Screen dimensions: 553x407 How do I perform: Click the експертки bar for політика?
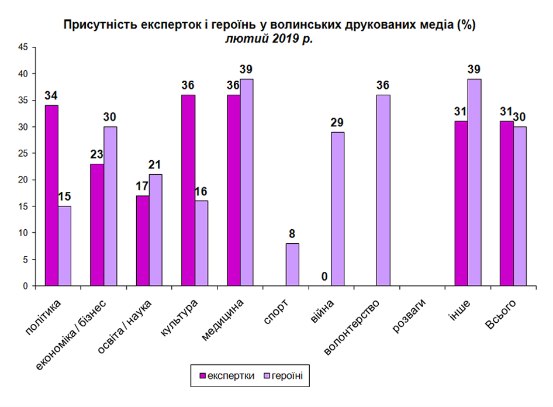pos(51,195)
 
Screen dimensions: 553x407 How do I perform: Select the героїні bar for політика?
pos(64,246)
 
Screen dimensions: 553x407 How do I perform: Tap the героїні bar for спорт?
pos(292,264)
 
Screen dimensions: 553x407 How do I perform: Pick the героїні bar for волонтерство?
pos(383,190)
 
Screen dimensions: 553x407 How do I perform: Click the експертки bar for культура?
pos(188,190)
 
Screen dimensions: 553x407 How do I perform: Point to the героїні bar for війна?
pos(337,209)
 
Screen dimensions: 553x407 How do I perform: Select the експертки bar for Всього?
pos(507,203)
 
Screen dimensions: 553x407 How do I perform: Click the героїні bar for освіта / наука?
pos(155,230)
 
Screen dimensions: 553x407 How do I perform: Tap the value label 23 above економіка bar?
pos(96,154)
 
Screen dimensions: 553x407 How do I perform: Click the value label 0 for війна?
pos(324,277)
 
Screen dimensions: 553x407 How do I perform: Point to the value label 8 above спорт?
pos(292,233)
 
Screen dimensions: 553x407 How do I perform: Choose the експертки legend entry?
pos(227,376)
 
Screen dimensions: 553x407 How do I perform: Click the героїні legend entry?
pos(284,376)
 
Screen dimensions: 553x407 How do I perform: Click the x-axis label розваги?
pos(409,316)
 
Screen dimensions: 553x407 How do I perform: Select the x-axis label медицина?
pos(223,320)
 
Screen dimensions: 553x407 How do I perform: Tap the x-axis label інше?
pos(460,311)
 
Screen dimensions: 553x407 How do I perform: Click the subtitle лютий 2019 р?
pos(269,38)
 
